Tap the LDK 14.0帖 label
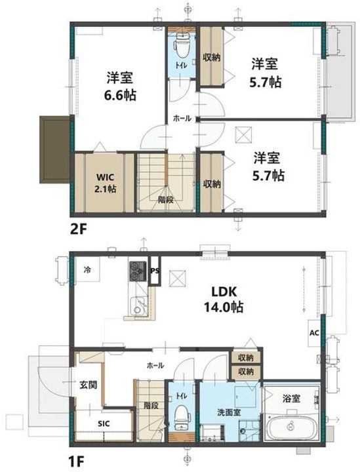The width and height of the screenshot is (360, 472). click(x=227, y=299)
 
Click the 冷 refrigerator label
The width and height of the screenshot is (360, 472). click(x=87, y=269)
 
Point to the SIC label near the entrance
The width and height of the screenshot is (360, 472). click(x=104, y=424)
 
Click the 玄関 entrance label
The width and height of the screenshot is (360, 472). click(x=89, y=385)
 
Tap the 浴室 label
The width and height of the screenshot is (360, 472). click(x=292, y=398)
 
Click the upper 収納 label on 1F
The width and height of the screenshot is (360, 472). click(x=246, y=358)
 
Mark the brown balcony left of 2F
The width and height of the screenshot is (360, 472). click(x=54, y=149)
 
